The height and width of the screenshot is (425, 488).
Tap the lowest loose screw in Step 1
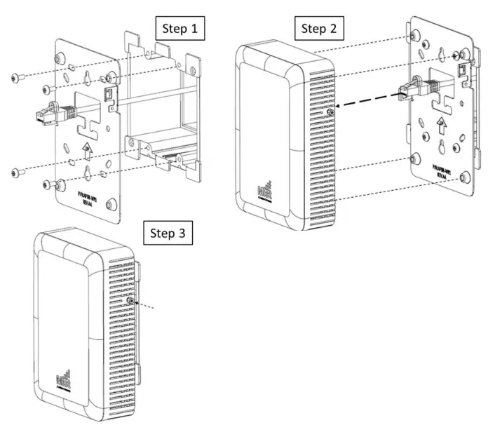coord(46,184)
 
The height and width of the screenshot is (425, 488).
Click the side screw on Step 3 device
coord(131,301)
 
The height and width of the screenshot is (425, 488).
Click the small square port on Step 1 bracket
coord(109,93)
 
